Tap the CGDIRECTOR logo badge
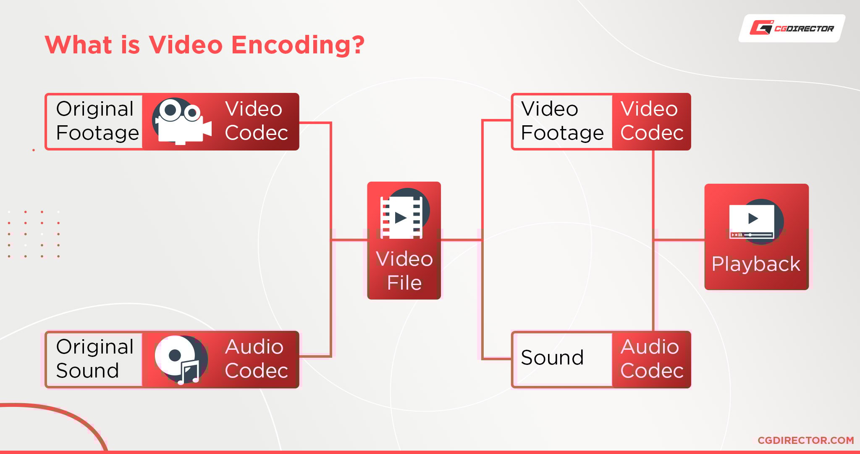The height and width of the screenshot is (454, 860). click(x=792, y=28)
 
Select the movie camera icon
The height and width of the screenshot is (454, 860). click(x=181, y=121)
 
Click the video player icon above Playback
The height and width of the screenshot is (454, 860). click(x=754, y=222)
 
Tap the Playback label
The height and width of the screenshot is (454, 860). click(x=756, y=264)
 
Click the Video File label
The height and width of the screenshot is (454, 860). click(x=404, y=271)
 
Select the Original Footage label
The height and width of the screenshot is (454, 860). click(x=97, y=121)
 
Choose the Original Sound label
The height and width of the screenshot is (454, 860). click(x=94, y=359)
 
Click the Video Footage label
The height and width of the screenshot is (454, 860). click(x=562, y=121)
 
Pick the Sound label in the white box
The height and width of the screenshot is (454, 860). click(x=552, y=358)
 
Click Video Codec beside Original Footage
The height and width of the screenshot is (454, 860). click(x=256, y=121)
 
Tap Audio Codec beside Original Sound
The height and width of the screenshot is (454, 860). click(x=256, y=359)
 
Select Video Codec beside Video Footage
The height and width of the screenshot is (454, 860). click(x=652, y=121)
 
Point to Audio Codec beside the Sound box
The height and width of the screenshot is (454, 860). click(x=652, y=359)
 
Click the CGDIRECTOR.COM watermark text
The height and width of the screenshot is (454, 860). click(x=805, y=440)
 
